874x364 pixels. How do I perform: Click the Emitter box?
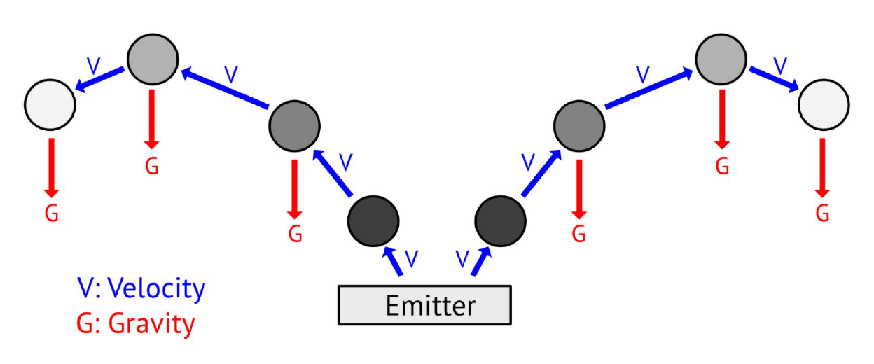pyautogui.click(x=424, y=306)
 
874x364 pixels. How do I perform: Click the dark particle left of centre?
pyautogui.click(x=373, y=222)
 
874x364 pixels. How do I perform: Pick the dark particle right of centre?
pyautogui.click(x=501, y=222)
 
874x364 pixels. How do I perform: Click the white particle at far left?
pyautogui.click(x=50, y=105)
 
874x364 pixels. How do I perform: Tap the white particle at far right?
pyautogui.click(x=824, y=105)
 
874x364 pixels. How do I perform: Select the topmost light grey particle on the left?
pyautogui.click(x=153, y=57)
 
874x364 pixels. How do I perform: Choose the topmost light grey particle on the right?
pyautogui.click(x=721, y=57)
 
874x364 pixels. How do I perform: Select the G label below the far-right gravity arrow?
pyautogui.click(x=823, y=212)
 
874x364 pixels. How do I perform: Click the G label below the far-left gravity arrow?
pyautogui.click(x=50, y=212)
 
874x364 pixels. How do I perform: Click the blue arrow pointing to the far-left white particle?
pyautogui.click(x=100, y=78)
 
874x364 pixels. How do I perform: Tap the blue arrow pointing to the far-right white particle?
pyautogui.click(x=774, y=78)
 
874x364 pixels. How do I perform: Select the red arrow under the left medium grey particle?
pyautogui.click(x=295, y=188)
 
